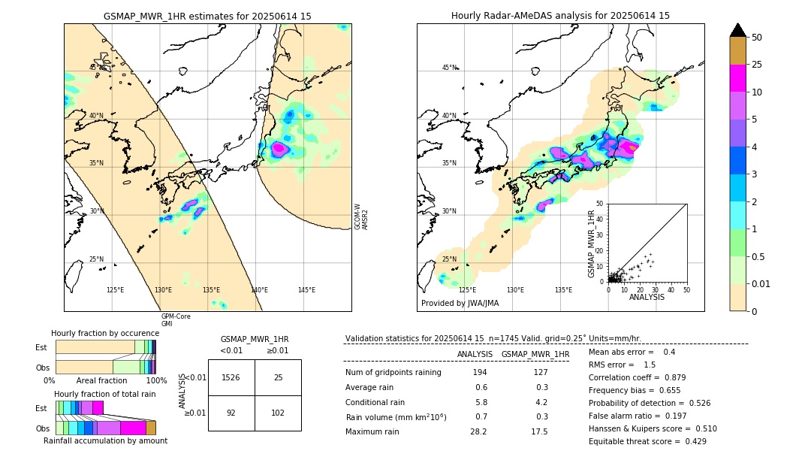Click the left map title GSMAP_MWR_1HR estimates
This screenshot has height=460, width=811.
[x=207, y=16]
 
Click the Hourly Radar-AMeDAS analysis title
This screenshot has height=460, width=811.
[x=560, y=16]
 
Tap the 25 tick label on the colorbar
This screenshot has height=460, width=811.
[x=757, y=65]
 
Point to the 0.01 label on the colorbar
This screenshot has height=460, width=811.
[x=761, y=283]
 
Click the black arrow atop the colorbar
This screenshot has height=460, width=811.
[x=737, y=30]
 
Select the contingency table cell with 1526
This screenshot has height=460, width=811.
[x=231, y=377]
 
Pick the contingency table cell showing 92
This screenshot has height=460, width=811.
[x=231, y=413]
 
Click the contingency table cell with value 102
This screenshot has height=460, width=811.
[x=278, y=413]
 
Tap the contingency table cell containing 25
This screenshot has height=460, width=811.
[x=278, y=377]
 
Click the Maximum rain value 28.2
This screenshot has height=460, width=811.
[x=478, y=431]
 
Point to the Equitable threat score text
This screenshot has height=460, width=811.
[x=647, y=441]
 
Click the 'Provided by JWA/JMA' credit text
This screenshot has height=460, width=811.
[x=460, y=304]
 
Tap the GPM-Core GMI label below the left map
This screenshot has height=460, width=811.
[x=176, y=320]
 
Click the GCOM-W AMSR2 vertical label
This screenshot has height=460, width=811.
[x=361, y=216]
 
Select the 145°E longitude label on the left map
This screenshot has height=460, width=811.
[x=306, y=290]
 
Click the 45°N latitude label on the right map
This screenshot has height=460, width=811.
[x=449, y=68]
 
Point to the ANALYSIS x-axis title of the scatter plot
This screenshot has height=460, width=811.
[x=647, y=297]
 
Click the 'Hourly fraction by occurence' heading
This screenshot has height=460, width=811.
[x=105, y=333]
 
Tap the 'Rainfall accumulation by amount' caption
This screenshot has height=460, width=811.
[x=105, y=441]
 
